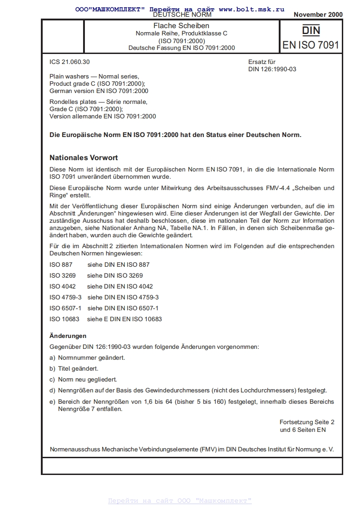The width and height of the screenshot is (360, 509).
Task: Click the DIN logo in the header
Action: click(311, 30)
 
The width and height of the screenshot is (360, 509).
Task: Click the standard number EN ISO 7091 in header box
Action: click(311, 45)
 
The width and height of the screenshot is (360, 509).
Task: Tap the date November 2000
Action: click(318, 15)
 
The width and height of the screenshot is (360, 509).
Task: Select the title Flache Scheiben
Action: click(181, 26)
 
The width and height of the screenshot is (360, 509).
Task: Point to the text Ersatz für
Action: click(262, 62)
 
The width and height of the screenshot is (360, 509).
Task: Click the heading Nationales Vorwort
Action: click(83, 158)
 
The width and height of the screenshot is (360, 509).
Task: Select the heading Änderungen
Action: click(68, 336)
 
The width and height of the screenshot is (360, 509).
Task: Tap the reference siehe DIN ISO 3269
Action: click(115, 275)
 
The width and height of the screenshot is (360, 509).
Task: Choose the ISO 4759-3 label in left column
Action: click(65, 297)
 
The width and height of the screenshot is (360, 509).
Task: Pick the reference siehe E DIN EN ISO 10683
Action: click(124, 319)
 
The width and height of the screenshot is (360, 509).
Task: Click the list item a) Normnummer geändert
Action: click(87, 357)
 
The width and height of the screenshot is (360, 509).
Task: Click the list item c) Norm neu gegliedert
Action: click(83, 379)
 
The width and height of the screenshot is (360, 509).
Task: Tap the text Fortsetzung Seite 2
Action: click(307, 422)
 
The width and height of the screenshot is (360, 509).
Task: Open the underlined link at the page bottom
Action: click(180, 500)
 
